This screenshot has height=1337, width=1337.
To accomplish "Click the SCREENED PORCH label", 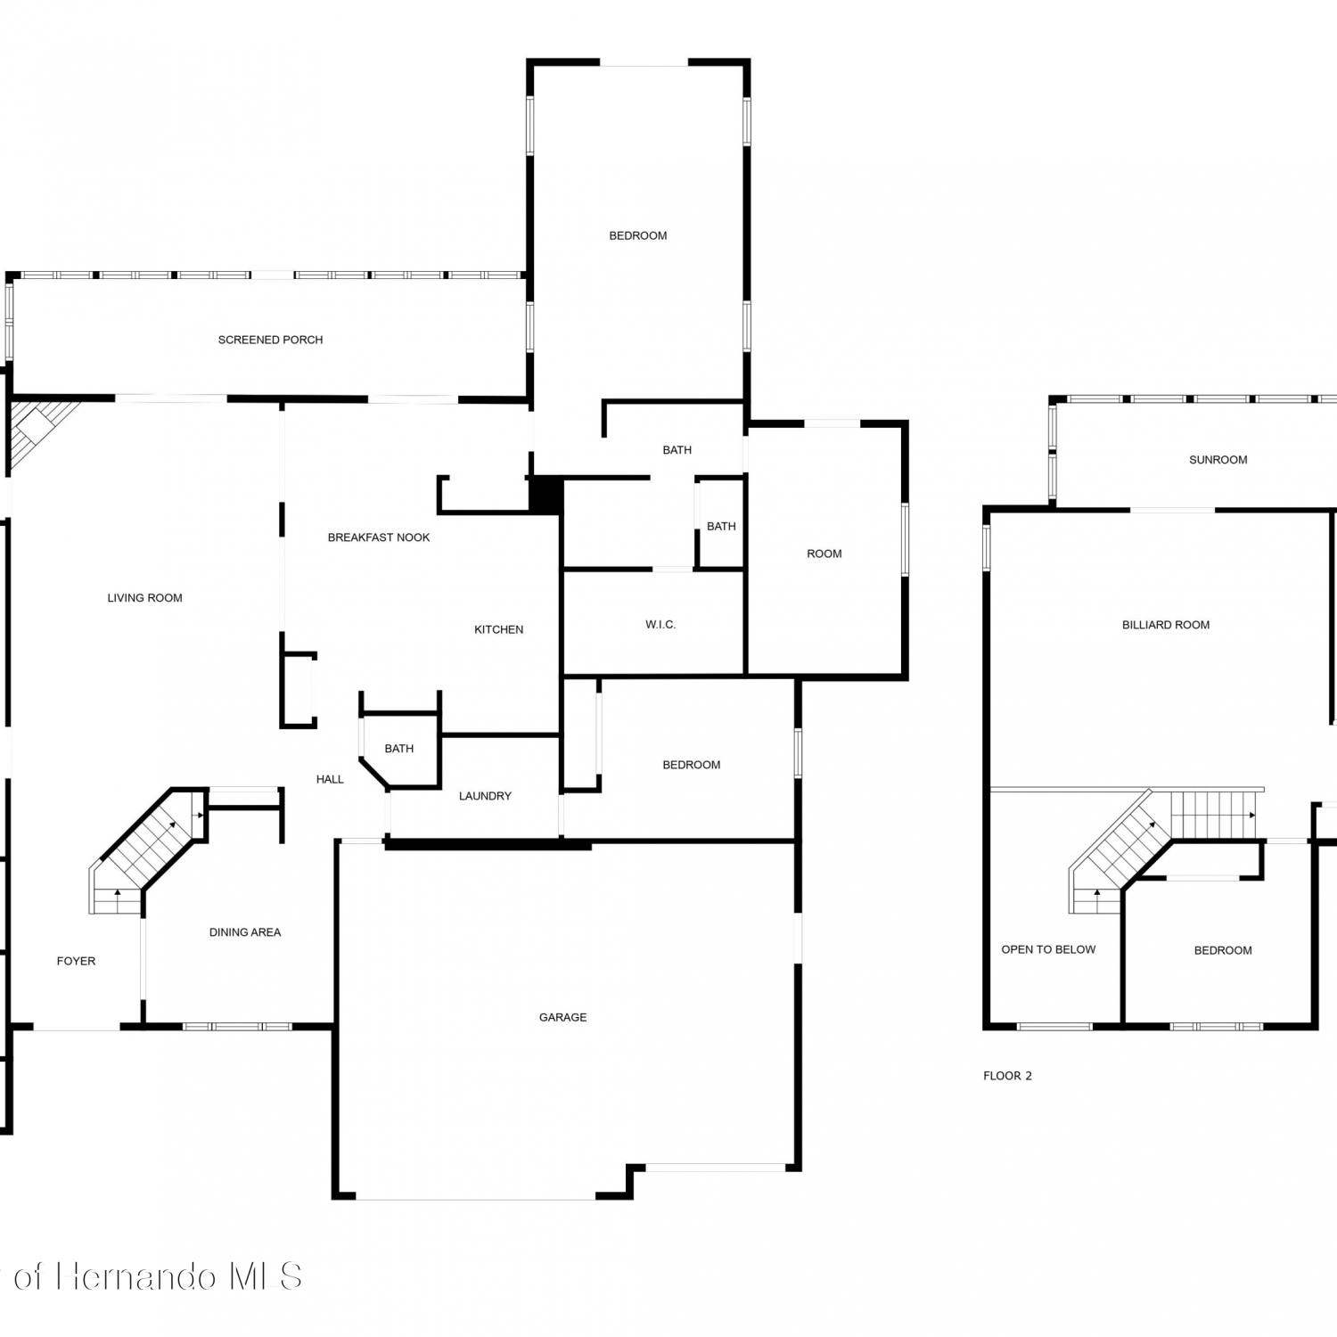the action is (270, 340).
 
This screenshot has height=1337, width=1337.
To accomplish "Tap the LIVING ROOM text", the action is (144, 598).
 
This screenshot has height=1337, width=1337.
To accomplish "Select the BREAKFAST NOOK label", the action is (379, 537).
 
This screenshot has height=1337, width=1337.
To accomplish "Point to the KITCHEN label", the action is (498, 629).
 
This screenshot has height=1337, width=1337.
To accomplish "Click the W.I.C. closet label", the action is (660, 625).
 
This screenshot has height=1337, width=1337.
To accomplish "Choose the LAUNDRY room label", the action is (485, 796).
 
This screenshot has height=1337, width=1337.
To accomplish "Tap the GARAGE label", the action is (562, 1017).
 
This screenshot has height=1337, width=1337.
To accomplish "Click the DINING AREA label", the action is (245, 932).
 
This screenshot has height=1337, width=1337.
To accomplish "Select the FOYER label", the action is (76, 961).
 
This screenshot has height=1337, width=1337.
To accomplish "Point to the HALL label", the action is (330, 779).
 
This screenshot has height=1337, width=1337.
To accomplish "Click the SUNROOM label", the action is (1218, 460).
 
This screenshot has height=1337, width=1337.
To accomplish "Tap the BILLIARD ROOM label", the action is (1166, 625).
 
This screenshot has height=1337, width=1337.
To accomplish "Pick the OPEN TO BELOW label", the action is (1048, 949).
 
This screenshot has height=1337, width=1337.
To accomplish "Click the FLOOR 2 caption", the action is (1007, 1076).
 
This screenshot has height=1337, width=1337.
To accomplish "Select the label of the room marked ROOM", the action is (824, 554).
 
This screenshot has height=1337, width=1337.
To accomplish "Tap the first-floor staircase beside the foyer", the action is (147, 851).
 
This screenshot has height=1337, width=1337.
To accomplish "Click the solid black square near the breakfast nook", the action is (545, 495).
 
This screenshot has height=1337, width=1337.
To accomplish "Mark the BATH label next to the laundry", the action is (399, 749).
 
